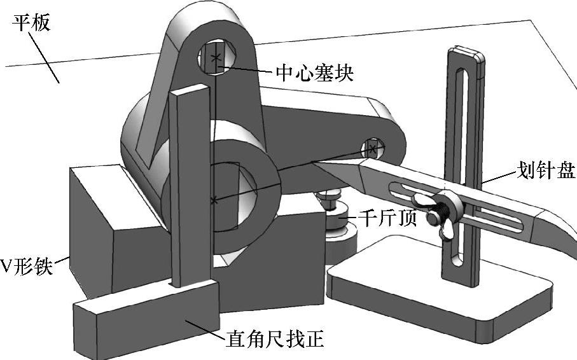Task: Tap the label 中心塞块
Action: [314, 73]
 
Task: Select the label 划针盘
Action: [544, 170]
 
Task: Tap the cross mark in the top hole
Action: [217, 57]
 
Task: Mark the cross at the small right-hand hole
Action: [373, 150]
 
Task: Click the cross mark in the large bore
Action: [214, 201]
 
